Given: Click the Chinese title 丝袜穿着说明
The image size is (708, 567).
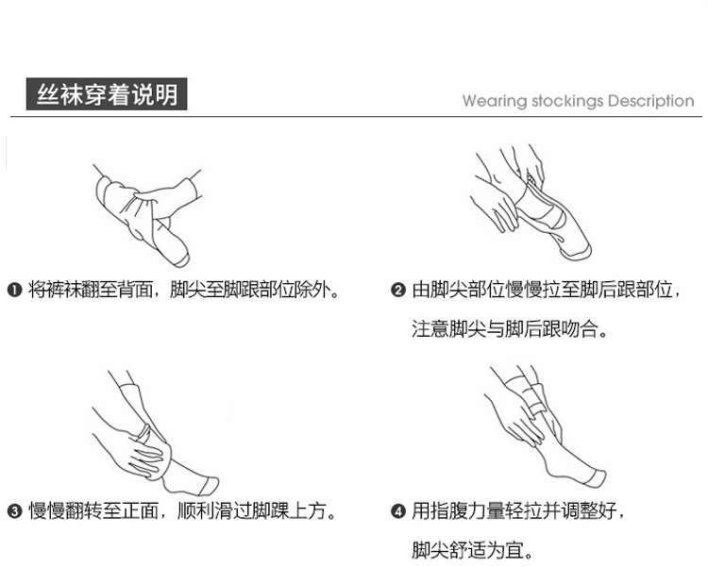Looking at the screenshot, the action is [107, 94].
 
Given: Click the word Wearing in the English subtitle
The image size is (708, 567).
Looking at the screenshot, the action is [495, 101].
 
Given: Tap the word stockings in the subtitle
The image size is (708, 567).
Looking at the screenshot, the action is [567, 101].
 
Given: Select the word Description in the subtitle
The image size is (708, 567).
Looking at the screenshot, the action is [650, 101].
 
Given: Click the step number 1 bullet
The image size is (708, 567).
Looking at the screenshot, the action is [14, 290].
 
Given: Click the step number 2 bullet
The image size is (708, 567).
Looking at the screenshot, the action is [397, 290].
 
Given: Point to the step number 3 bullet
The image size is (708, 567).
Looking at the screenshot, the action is [14, 511].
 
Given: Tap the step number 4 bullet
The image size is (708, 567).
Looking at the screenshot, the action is [397, 511].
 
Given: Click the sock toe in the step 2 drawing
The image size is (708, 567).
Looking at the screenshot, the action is [577, 252].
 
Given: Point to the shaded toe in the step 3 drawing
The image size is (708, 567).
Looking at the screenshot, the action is [209, 485].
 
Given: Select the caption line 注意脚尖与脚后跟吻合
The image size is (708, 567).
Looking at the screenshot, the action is [510, 328].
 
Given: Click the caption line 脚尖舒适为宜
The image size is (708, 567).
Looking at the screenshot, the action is [473, 550].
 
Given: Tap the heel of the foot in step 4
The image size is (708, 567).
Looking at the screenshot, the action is [551, 471].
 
